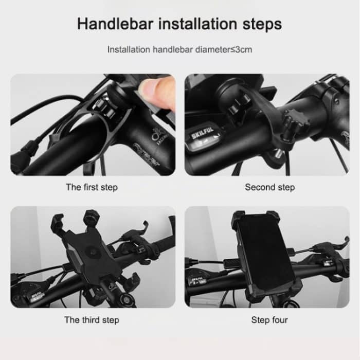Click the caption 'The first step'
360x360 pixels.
pyautogui.click(x=92, y=187)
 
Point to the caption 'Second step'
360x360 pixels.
pyautogui.click(x=269, y=187)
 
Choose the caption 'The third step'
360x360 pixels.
pyautogui.click(x=92, y=320)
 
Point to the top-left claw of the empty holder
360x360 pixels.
pyautogui.click(x=58, y=220)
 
